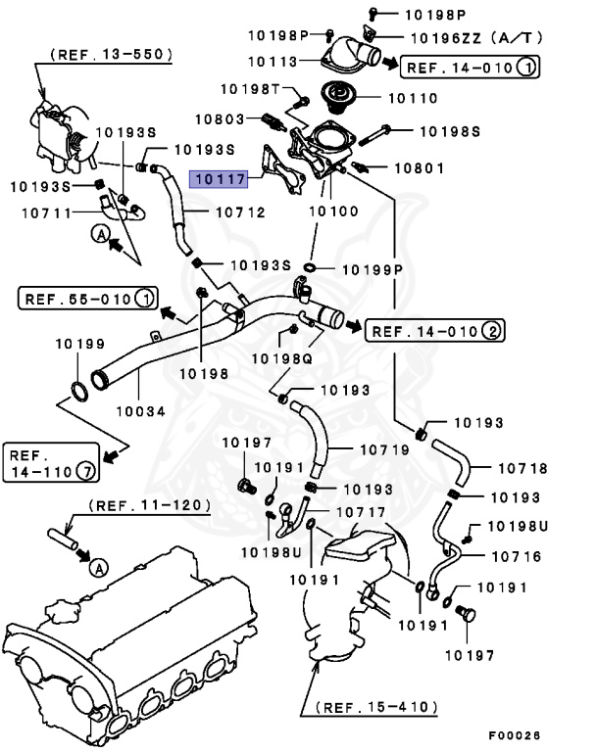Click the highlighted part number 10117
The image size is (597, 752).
coord(221,179)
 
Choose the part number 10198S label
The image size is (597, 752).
coord(450,129)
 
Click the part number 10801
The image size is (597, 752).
coord(421,168)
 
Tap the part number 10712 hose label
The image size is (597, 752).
coord(240,211)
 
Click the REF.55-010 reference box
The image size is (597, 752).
coord(87,298)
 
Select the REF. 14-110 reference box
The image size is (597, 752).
coord(52,463)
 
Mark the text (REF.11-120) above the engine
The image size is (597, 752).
coord(150,505)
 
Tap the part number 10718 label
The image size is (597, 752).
coord(522,468)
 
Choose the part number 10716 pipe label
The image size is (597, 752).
coord(522,556)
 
